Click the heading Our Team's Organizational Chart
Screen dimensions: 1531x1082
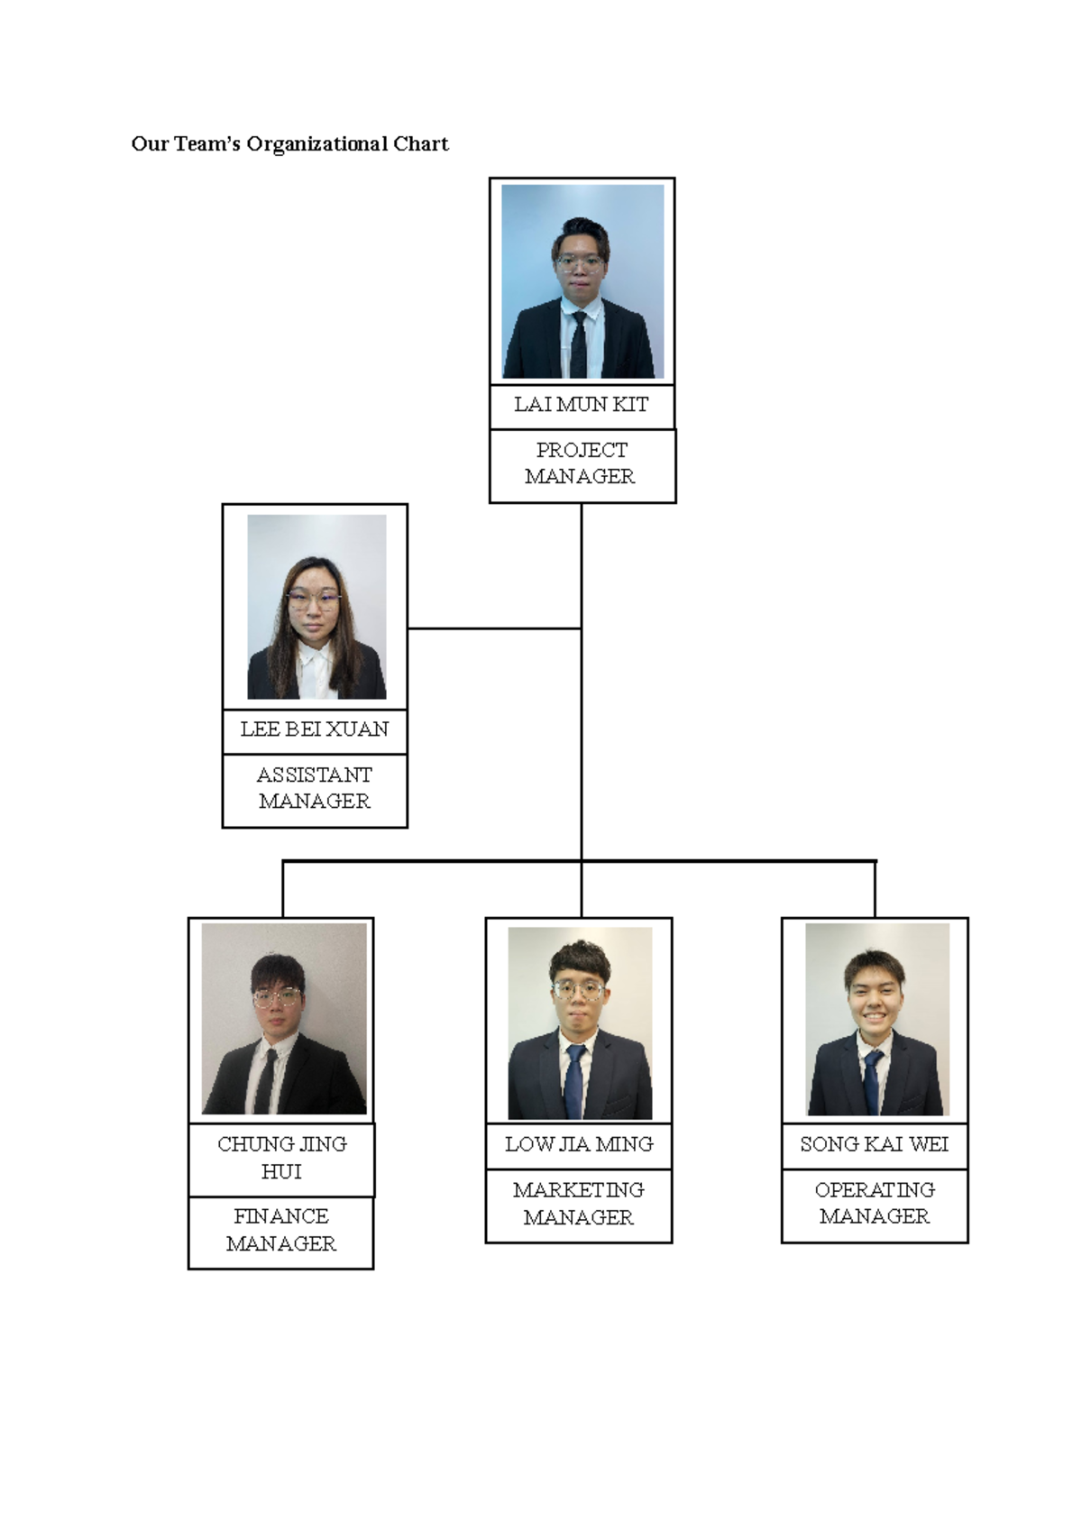[x=289, y=144]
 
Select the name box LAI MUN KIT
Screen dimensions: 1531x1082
[x=582, y=406]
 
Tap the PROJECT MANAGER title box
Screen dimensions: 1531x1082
[x=582, y=464]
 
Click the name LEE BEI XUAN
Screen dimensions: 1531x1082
[x=315, y=730]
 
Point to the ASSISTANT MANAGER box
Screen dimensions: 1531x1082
[x=315, y=789]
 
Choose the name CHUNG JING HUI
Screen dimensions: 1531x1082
[x=281, y=1159]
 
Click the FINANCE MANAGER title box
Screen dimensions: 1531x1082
[x=281, y=1231]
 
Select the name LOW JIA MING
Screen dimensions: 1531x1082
[x=579, y=1145]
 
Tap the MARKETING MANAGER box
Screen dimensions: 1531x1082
[x=579, y=1205]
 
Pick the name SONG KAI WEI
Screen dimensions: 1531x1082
[x=875, y=1145]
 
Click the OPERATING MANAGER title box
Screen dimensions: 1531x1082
[x=875, y=1205]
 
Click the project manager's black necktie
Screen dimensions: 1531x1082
[x=579, y=347]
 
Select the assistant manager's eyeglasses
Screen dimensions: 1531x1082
[x=313, y=597]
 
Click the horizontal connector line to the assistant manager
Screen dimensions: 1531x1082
[x=494, y=628]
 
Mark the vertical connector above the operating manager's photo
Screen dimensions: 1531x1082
[x=875, y=889]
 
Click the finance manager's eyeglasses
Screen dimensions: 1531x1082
[x=276, y=996]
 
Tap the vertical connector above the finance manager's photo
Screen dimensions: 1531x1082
[x=283, y=889]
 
